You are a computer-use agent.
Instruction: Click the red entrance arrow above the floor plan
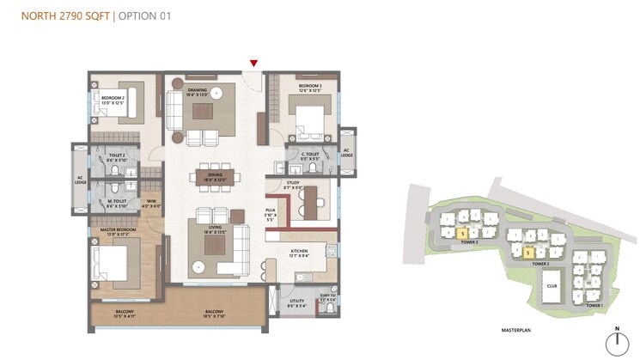click(x=253, y=64)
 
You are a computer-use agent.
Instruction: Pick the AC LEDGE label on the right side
click(x=347, y=152)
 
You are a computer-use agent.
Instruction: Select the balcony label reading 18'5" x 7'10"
click(x=214, y=313)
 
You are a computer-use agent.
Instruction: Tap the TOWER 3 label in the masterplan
click(x=468, y=243)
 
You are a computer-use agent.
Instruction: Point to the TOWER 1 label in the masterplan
click(x=594, y=304)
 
